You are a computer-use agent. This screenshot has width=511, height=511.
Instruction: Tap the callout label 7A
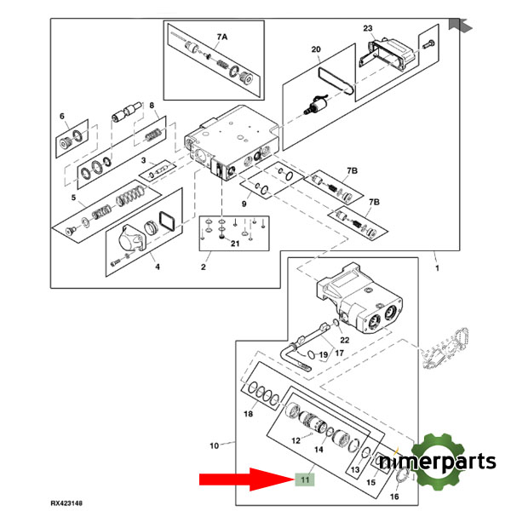pyautogui.click(x=222, y=37)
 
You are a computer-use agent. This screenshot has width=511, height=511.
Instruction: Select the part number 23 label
pyautogui.click(x=368, y=28)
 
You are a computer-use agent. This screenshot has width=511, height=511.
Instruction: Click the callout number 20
pyautogui.click(x=316, y=50)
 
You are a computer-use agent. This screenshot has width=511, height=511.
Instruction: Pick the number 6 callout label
pyautogui.click(x=62, y=117)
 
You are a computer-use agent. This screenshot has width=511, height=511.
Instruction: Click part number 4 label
pyautogui.click(x=156, y=267)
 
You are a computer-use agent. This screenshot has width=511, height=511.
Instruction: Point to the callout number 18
pyautogui.click(x=248, y=415)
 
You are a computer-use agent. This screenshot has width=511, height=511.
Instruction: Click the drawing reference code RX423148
pyautogui.click(x=71, y=503)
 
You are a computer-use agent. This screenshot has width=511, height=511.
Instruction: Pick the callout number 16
pyautogui.click(x=393, y=496)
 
